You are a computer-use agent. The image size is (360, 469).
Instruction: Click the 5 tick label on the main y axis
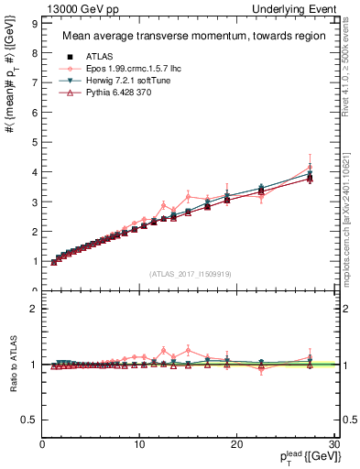click(x=33, y=142)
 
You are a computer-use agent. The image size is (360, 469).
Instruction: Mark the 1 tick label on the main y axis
click(x=33, y=262)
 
